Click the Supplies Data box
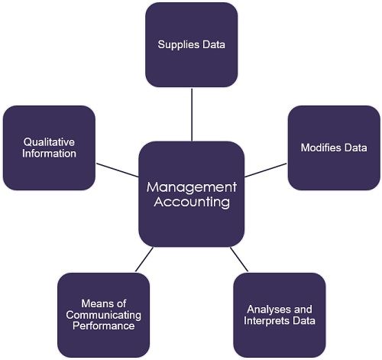(191, 44)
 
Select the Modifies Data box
(334, 148)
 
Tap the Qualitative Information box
(49, 148)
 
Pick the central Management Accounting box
(192, 194)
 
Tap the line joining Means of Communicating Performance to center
(144, 259)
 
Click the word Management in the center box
(192, 187)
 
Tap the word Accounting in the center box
(192, 203)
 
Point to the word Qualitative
(49, 142)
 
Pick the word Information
(49, 154)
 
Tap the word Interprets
(270, 320)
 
